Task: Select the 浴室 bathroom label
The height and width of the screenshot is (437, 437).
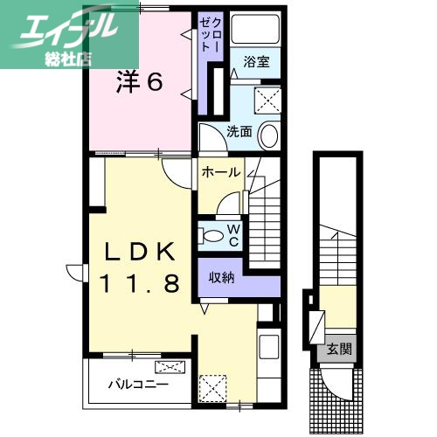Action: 256,63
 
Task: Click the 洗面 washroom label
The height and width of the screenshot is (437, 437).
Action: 239,132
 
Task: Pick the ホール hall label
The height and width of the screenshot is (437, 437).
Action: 220,172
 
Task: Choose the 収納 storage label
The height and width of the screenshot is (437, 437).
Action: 220,277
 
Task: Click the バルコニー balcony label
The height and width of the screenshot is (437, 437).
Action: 138,385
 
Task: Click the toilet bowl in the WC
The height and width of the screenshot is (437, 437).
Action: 211,234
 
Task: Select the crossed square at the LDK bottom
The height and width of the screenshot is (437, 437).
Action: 212,385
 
